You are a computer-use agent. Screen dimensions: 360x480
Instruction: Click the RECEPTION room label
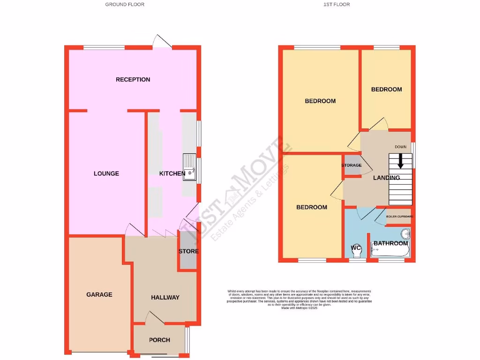coord(133,80)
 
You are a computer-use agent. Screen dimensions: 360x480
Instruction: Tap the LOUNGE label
coord(106,173)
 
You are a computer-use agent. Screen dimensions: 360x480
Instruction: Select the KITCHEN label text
coord(172,174)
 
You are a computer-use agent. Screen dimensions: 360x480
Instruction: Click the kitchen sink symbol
coord(190,167)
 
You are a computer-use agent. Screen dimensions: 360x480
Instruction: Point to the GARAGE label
coord(99,295)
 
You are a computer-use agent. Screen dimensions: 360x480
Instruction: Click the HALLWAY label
coord(165,298)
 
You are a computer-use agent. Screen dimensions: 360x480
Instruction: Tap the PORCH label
coord(159,340)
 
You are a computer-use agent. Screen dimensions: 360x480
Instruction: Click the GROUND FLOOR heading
coord(125,5)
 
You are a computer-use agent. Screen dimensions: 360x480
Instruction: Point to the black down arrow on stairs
coord(401,162)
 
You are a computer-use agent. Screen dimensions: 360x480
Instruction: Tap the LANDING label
coord(386,178)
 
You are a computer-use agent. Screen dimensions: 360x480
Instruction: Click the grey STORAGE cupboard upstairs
coord(352,165)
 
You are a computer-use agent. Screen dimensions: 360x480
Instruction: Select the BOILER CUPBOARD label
coord(399,217)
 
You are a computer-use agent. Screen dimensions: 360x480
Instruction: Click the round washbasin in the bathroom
coord(405,234)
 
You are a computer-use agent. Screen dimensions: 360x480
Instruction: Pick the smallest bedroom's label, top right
coord(386,90)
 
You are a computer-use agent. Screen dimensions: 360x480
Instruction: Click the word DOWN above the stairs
coord(400,147)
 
